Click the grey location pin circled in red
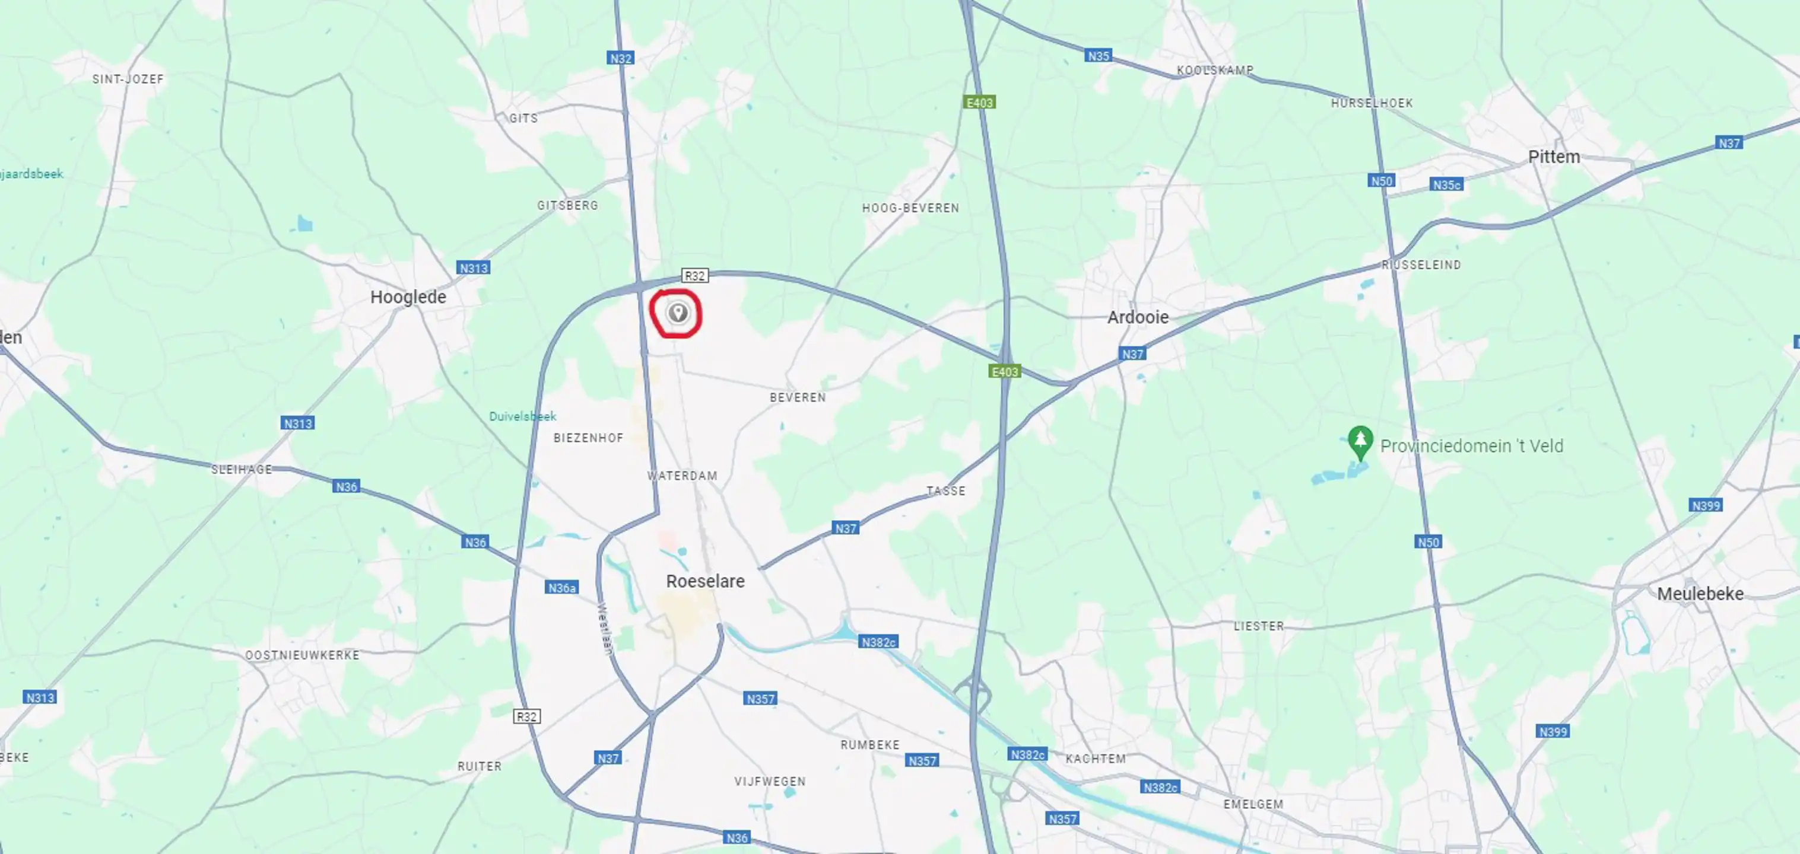tap(677, 313)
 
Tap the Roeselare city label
tap(705, 581)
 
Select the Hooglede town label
tap(408, 297)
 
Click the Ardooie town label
tap(1138, 317)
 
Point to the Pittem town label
tap(1553, 157)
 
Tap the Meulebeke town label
tap(1700, 594)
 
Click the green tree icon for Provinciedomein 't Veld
tap(1360, 441)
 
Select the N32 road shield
tap(621, 59)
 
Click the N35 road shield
tap(1098, 56)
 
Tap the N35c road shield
tap(1446, 185)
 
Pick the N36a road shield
tap(562, 588)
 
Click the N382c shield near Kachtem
tap(1027, 754)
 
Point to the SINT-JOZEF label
tap(128, 79)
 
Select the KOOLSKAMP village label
tap(1214, 71)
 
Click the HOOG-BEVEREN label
tap(910, 208)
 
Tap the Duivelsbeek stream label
tap(523, 417)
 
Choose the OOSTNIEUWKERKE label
tap(302, 655)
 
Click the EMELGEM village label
tap(1253, 804)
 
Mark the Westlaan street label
tap(605, 629)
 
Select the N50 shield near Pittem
tap(1381, 181)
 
